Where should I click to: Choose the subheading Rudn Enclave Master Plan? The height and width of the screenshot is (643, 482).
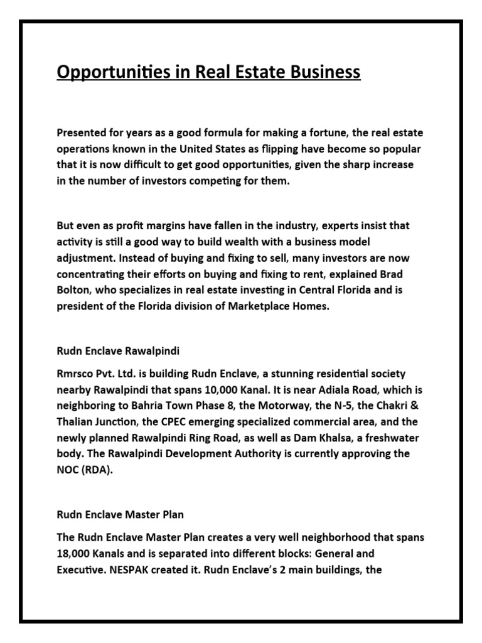(120, 515)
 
